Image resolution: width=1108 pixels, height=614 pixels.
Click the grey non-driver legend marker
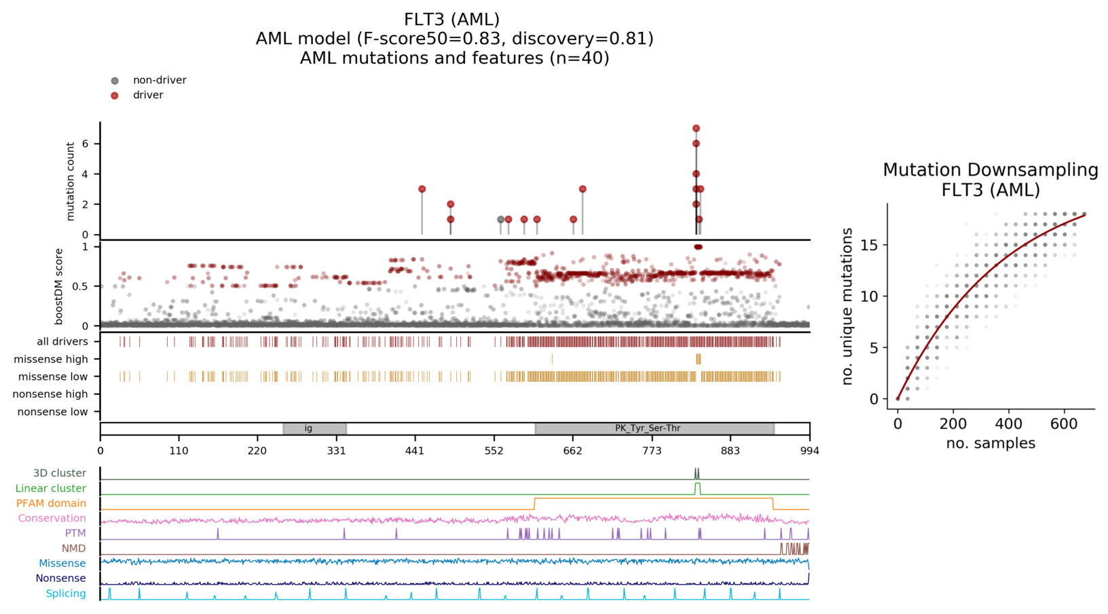click(x=115, y=81)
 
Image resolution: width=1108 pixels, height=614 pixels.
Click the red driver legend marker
click(x=115, y=96)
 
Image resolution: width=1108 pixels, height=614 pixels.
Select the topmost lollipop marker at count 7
click(x=696, y=128)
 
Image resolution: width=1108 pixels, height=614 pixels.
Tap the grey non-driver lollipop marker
click(x=501, y=220)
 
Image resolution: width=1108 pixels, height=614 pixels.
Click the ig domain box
click(x=314, y=429)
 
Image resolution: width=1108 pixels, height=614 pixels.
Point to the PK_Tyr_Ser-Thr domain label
click(x=648, y=429)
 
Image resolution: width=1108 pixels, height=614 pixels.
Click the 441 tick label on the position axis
click(x=415, y=451)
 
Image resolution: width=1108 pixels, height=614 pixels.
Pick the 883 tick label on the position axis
click(x=731, y=451)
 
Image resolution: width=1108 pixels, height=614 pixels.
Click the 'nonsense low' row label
click(x=52, y=412)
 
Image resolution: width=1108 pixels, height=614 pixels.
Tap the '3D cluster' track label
click(x=60, y=474)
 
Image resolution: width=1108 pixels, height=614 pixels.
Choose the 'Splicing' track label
click(x=66, y=594)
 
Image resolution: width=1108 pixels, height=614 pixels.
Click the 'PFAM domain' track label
click(x=51, y=503)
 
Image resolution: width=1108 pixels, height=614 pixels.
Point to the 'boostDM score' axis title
click(x=59, y=286)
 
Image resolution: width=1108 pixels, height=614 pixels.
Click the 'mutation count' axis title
click(x=71, y=181)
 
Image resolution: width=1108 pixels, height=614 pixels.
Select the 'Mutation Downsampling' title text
click(x=990, y=170)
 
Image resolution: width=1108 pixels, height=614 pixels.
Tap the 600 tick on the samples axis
click(x=1064, y=424)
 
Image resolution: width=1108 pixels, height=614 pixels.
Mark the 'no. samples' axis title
click(x=991, y=444)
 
